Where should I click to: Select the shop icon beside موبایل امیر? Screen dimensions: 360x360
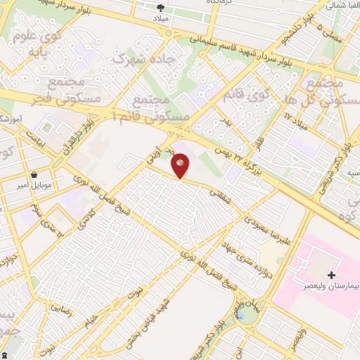[34, 176]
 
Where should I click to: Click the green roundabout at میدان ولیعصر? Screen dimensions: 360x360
[246, 315]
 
